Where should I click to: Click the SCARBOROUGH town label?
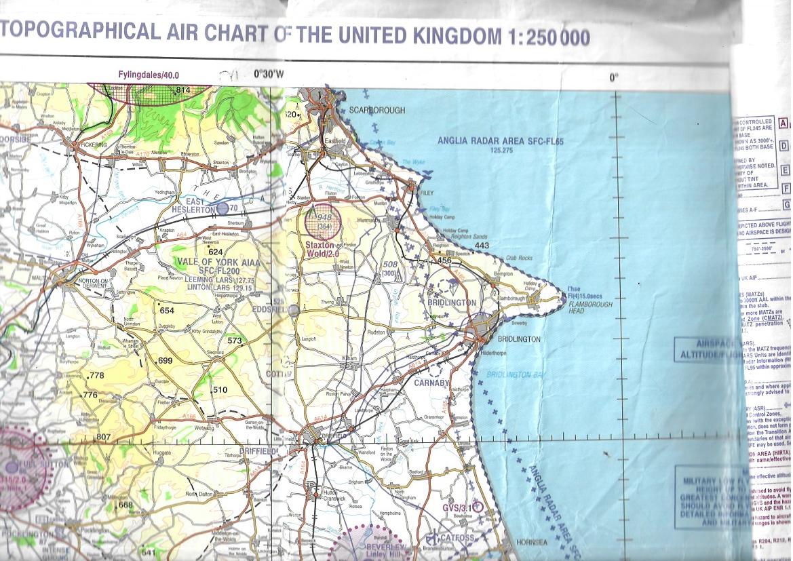376,110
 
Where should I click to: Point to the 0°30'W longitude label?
269,75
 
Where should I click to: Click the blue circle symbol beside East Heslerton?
222,208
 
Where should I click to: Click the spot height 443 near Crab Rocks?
482,246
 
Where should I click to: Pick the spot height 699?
166,361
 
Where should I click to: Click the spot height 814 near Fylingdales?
182,90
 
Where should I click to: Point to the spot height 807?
103,436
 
